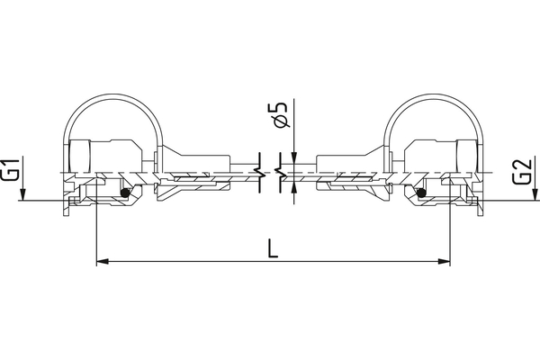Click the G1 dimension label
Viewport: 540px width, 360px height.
point(11,170)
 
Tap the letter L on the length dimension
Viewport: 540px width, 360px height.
point(273,245)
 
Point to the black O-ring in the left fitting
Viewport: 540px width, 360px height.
point(125,192)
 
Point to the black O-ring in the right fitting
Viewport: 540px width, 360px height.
point(419,192)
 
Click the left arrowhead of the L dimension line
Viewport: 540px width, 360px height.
point(102,262)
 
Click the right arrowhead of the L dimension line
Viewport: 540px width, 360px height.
point(444,262)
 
